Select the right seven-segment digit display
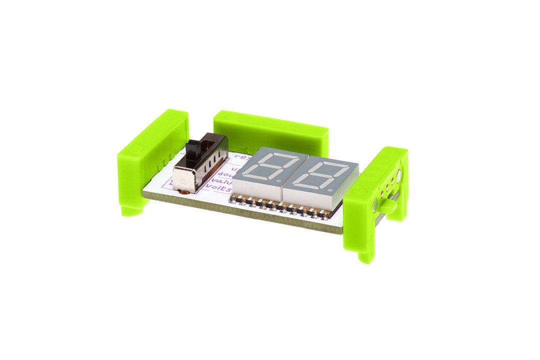[x=320, y=176]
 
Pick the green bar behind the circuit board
[x=270, y=132]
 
